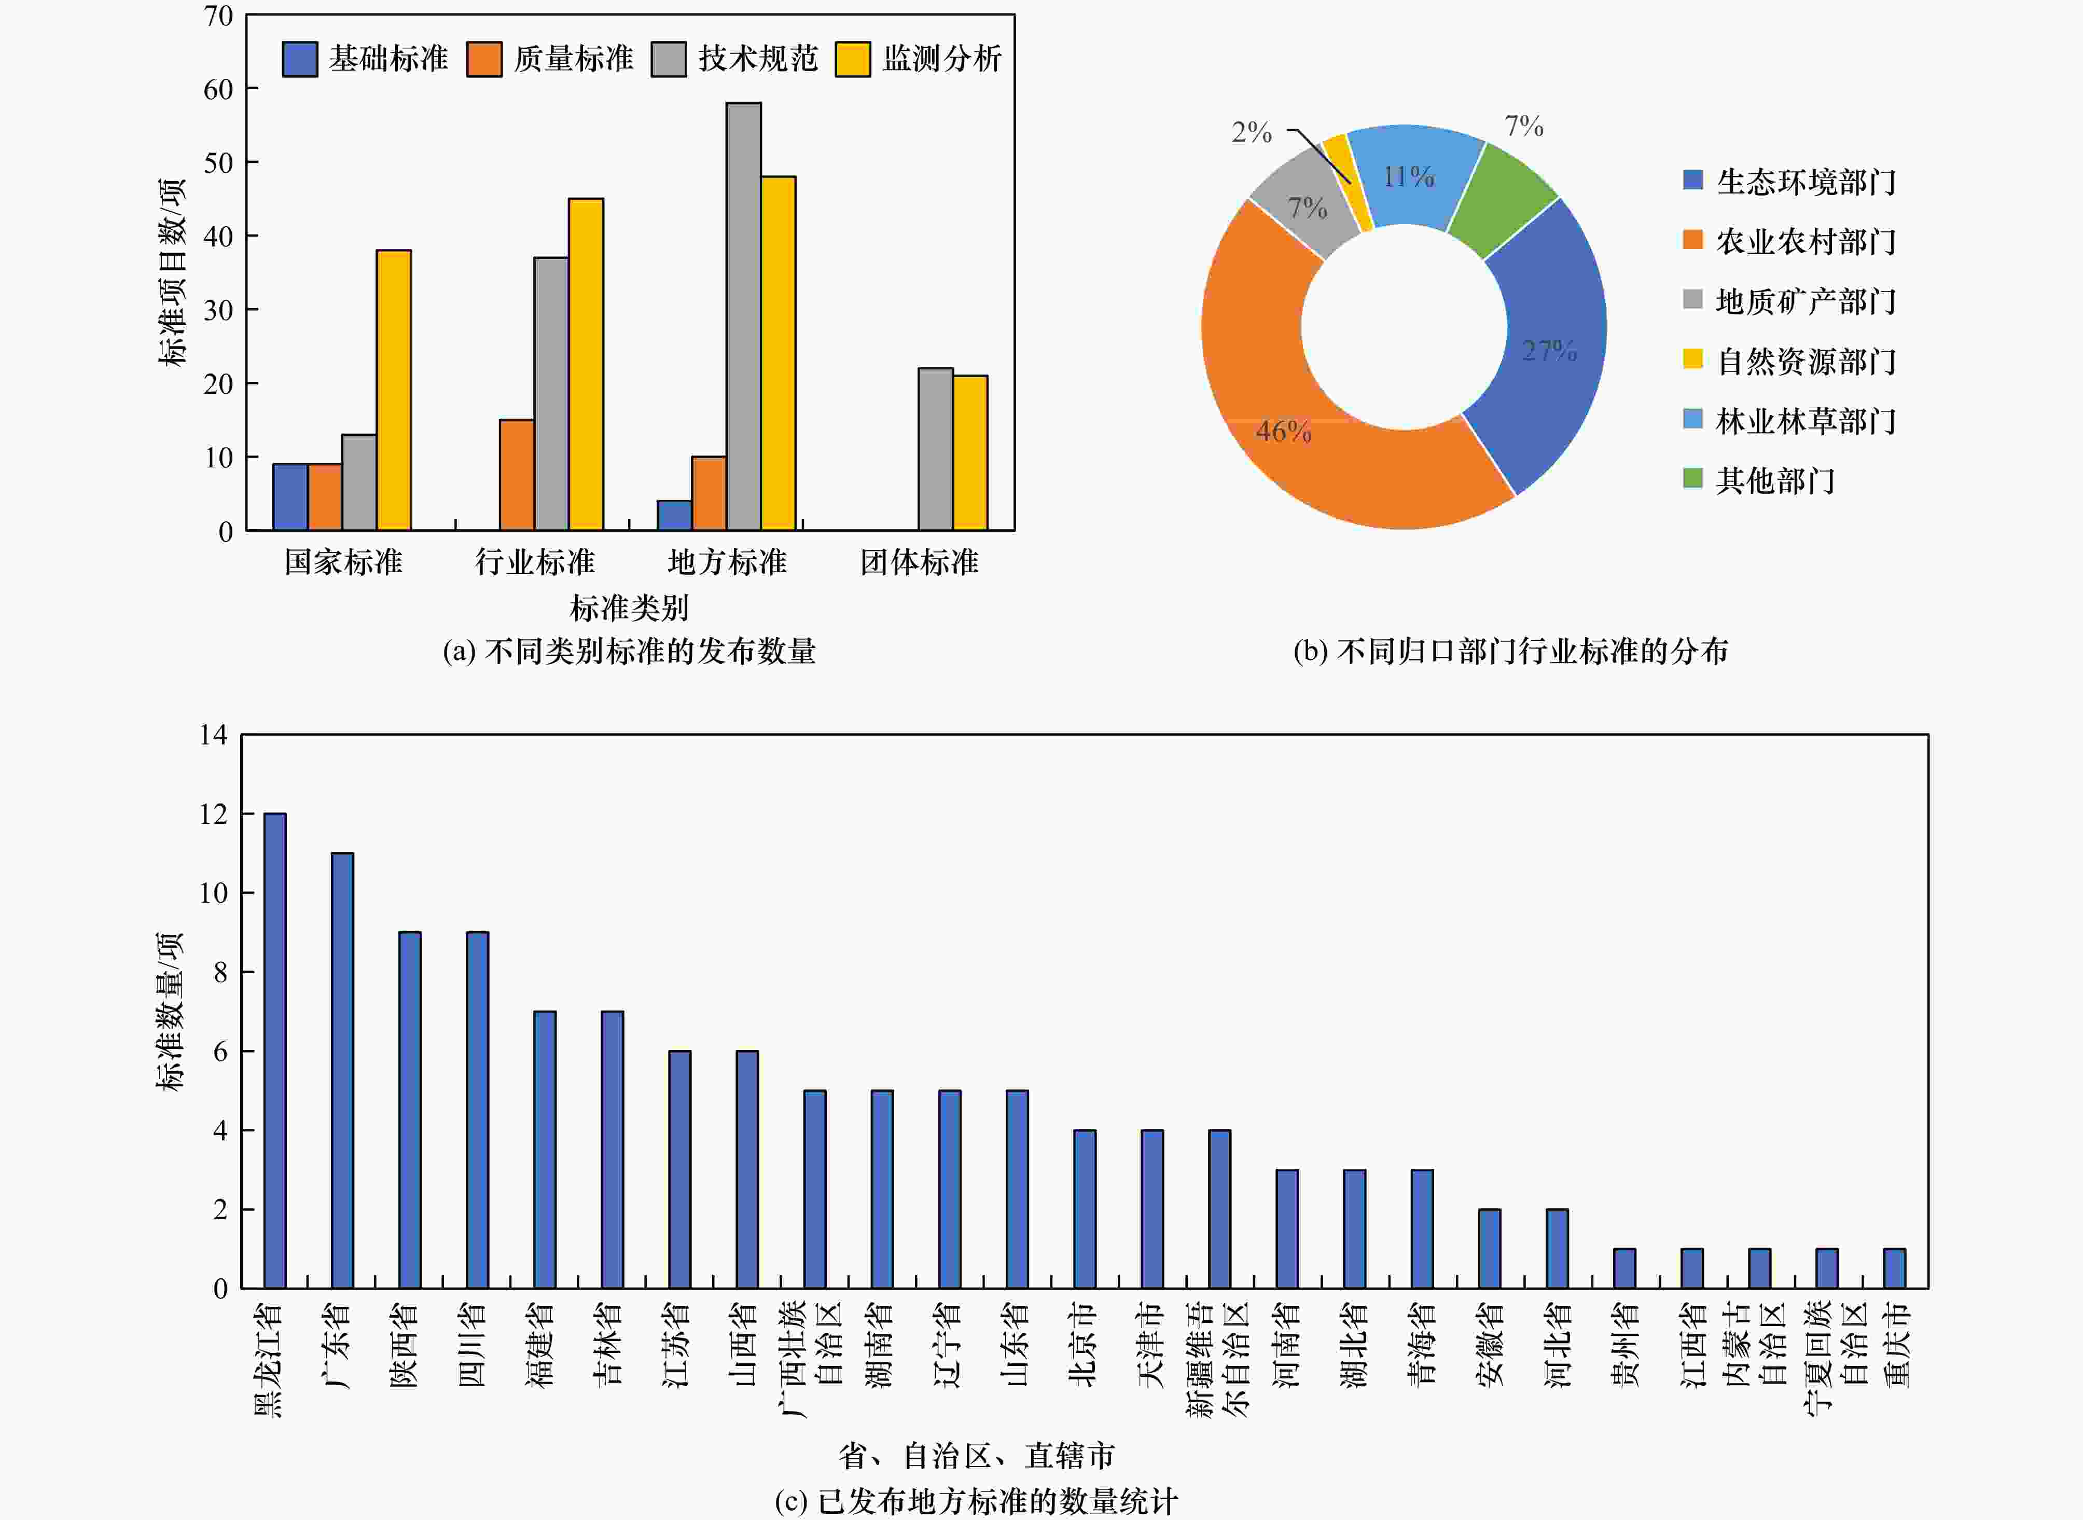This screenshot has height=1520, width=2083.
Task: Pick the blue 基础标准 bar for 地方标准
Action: (x=674, y=515)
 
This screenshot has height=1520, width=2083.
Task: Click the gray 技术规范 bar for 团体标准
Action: (x=936, y=449)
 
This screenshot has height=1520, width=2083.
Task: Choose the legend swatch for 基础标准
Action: (x=300, y=59)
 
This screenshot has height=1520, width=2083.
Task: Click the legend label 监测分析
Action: (x=942, y=59)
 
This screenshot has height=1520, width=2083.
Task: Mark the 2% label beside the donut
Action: (x=1251, y=132)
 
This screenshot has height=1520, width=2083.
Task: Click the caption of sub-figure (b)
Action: (x=1510, y=652)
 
